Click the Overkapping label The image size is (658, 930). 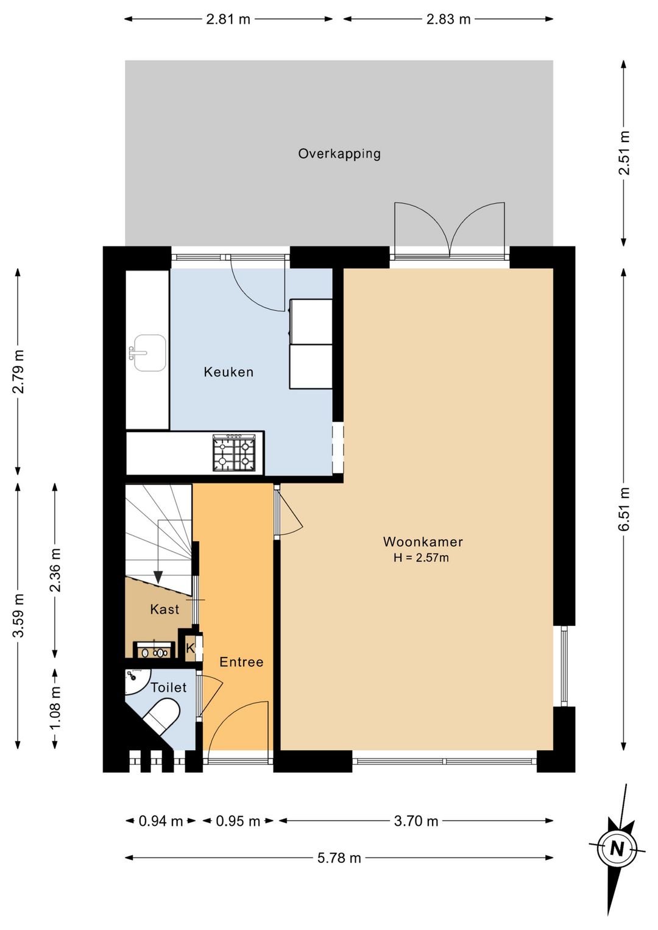click(x=339, y=154)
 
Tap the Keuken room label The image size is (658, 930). click(x=228, y=372)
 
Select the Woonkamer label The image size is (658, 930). click(x=423, y=541)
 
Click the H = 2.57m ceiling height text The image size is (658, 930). click(x=421, y=557)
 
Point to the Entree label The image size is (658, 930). click(x=241, y=661)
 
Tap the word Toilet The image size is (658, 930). click(x=169, y=687)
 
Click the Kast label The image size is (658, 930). click(x=165, y=609)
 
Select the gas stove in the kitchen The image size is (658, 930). click(x=234, y=453)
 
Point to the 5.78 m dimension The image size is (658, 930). click(x=339, y=857)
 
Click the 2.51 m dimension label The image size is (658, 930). click(x=624, y=153)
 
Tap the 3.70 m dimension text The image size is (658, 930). click(x=416, y=820)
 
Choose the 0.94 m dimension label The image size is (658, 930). click(x=161, y=820)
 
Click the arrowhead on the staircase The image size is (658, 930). click(x=158, y=577)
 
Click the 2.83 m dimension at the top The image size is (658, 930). click(x=448, y=19)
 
